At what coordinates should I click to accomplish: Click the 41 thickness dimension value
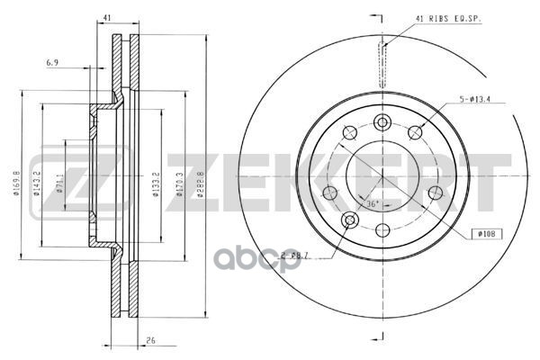click(x=106, y=18)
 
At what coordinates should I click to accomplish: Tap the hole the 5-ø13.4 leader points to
click(x=415, y=133)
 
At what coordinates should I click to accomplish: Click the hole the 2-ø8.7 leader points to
click(x=351, y=220)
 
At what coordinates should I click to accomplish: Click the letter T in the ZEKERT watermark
click(x=486, y=186)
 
